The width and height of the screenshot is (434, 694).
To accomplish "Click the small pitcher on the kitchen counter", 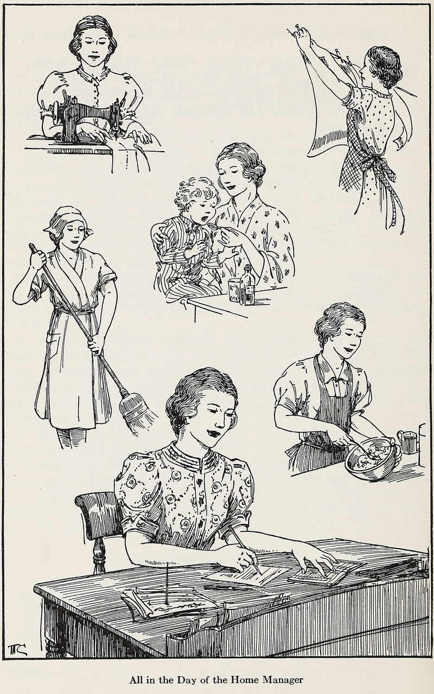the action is coord(407,442).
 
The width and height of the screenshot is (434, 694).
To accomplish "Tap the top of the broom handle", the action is coord(31,247).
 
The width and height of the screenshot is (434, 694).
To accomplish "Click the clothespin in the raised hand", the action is coord(298,29).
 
